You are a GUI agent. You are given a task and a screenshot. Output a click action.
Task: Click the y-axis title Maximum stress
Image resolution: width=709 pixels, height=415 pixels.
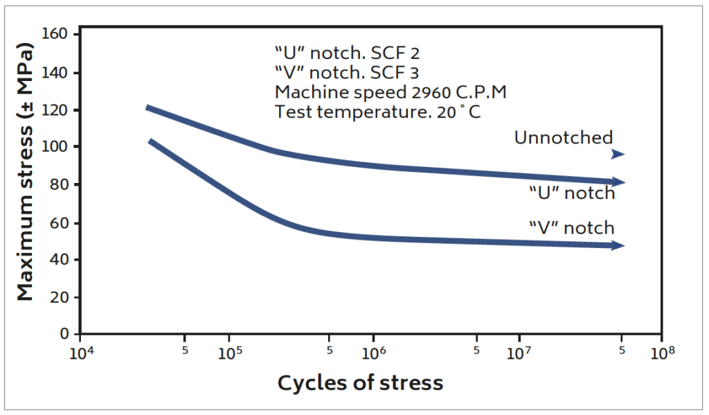[26, 173]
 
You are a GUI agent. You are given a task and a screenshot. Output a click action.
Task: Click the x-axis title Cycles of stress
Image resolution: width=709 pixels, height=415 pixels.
[360, 382]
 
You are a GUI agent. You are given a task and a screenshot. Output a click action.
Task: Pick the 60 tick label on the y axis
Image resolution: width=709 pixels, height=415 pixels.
[62, 222]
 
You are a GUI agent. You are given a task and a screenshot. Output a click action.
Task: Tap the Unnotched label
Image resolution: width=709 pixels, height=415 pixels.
[563, 138]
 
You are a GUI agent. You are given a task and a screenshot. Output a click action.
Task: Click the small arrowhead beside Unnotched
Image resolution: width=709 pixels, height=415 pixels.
[618, 154]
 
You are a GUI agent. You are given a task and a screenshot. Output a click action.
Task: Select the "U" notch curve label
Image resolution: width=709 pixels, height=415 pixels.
[572, 193]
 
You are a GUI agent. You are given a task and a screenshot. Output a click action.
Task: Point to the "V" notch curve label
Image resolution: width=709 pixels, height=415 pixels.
[571, 227]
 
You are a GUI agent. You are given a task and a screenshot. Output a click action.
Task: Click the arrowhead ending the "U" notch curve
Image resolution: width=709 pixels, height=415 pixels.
[618, 182]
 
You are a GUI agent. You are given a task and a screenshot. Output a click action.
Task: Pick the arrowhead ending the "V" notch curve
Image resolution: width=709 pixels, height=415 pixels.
[618, 245]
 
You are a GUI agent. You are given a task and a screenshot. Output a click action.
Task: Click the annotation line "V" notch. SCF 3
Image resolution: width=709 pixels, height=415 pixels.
[346, 72]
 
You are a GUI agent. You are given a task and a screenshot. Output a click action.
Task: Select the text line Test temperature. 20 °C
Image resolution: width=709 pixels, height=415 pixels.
[377, 112]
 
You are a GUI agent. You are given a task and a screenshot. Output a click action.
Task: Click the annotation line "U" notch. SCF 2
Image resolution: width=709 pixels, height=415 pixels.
[346, 53]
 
